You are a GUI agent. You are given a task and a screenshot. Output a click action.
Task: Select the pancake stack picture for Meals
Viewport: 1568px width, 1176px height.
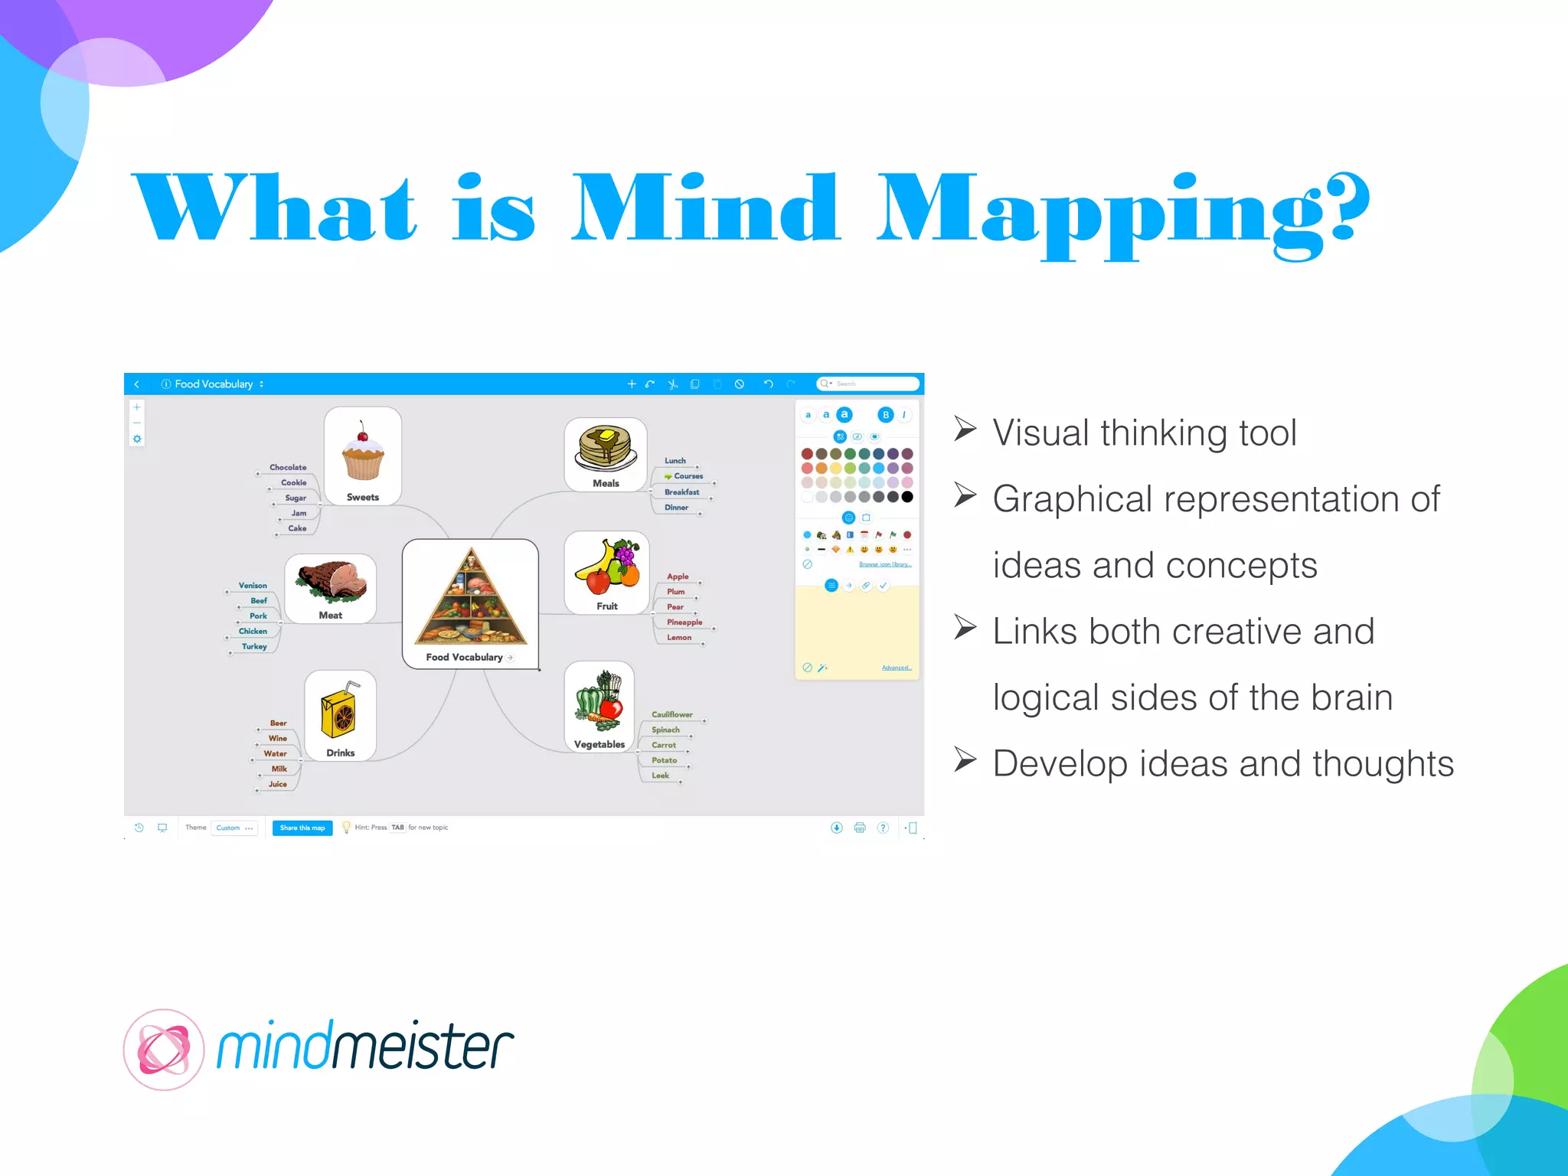[606, 448]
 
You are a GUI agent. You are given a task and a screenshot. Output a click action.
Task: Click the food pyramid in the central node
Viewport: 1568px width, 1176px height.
[471, 597]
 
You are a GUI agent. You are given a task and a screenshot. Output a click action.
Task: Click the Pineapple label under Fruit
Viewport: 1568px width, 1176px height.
[684, 622]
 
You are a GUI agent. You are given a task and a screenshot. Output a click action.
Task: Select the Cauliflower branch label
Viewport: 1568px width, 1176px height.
[671, 714]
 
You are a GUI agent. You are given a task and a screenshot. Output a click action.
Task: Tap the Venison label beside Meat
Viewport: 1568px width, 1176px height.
[253, 586]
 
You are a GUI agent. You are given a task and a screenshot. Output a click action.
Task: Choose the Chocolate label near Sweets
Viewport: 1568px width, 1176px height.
[288, 467]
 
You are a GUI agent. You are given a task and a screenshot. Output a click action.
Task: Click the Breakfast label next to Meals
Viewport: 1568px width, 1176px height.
[681, 492]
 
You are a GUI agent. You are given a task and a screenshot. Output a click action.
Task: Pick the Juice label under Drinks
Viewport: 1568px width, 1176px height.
[278, 784]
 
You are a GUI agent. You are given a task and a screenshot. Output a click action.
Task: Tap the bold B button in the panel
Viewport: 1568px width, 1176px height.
[886, 415]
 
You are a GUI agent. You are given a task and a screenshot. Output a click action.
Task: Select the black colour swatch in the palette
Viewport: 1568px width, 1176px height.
[907, 497]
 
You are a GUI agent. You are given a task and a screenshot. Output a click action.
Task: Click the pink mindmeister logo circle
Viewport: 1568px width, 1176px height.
[163, 1050]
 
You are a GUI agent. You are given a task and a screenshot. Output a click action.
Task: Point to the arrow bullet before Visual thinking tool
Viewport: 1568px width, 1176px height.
[965, 430]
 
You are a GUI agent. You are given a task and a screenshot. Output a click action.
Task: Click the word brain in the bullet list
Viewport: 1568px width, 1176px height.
[1351, 697]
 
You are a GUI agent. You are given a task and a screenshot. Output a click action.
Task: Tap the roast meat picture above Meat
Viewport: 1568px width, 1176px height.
[332, 581]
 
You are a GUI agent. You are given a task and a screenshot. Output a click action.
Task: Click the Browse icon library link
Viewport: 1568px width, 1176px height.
[885, 564]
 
